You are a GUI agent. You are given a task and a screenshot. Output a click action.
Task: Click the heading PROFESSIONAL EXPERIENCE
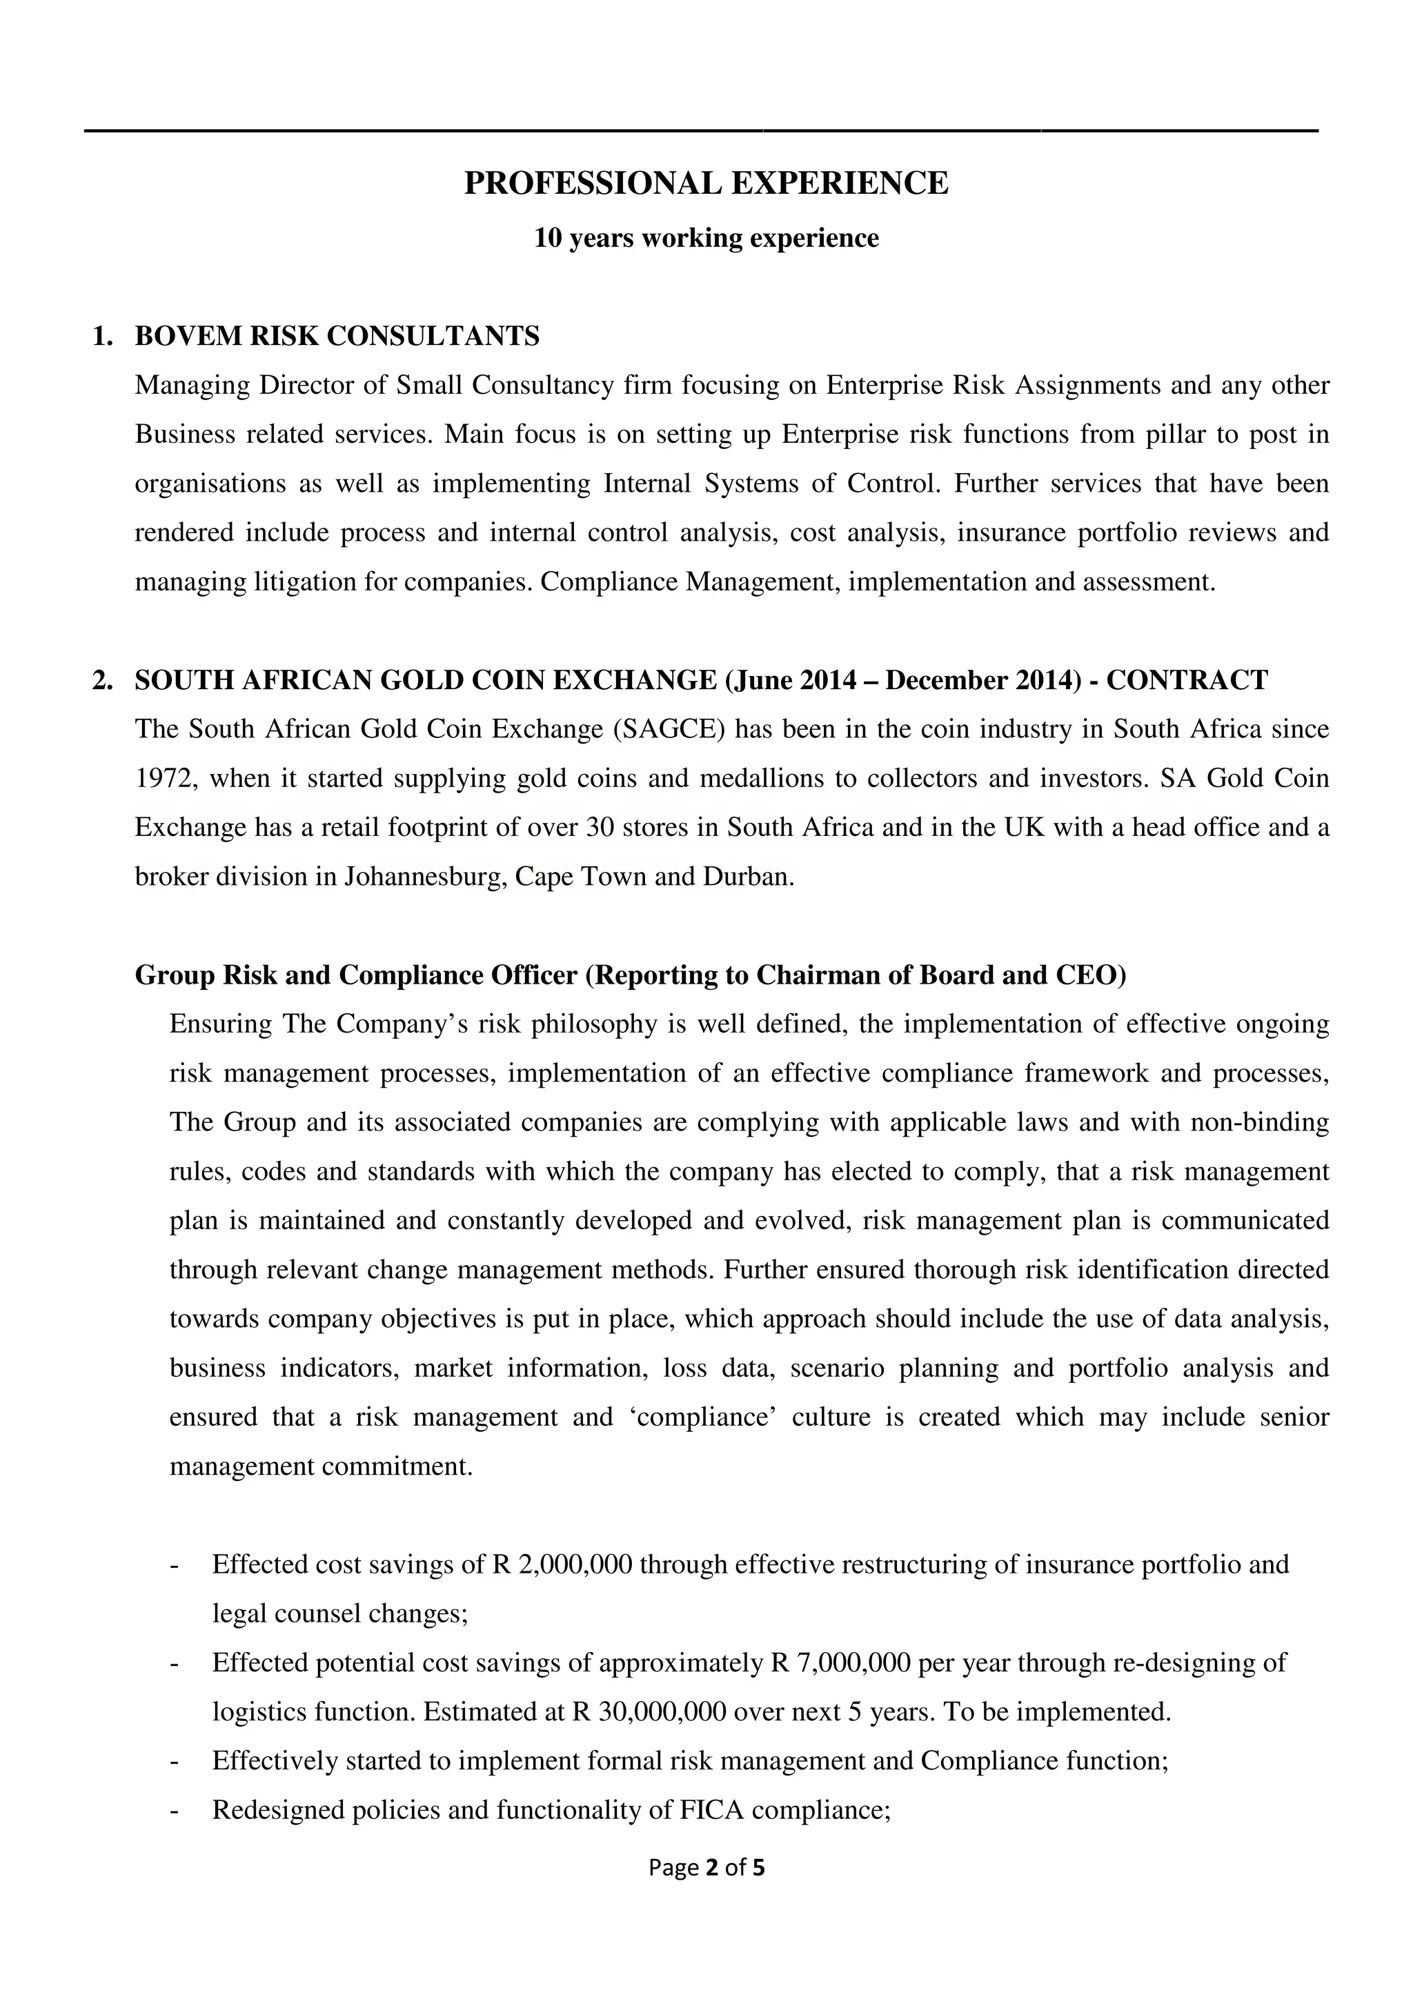(x=706, y=183)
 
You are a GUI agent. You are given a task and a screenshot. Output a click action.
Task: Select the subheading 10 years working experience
(x=706, y=238)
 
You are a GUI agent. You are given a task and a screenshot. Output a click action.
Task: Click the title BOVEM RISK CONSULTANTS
(x=337, y=336)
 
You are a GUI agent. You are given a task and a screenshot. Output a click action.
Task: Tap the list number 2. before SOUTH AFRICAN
(x=103, y=680)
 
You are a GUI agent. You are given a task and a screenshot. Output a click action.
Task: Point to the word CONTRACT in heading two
(x=1187, y=680)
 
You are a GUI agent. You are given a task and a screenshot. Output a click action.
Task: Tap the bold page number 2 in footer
(x=711, y=1867)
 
